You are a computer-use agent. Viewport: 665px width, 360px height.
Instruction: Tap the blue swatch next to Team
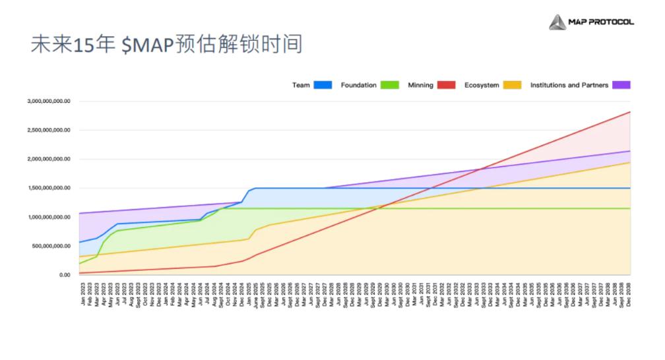[x=323, y=85]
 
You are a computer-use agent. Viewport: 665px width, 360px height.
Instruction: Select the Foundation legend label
[x=358, y=85]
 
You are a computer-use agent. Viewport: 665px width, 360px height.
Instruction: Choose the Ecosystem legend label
[x=482, y=85]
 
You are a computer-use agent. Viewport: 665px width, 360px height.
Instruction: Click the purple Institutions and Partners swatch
[x=621, y=85]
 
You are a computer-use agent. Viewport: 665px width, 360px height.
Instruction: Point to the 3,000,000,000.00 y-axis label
[x=48, y=102]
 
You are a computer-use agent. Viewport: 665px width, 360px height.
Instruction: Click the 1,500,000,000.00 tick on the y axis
[x=48, y=188]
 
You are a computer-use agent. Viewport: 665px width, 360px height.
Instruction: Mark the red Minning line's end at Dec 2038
[x=630, y=112]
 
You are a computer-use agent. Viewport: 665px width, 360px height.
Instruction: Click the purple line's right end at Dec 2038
[x=630, y=151]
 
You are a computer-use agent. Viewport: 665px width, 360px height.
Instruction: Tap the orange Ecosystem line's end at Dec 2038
[x=630, y=163]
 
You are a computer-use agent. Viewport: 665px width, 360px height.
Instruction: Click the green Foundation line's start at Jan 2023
[x=80, y=264]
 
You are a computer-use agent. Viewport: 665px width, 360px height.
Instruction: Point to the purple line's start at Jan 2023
[x=80, y=213]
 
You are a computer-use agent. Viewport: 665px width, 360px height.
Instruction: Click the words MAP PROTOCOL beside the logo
[x=601, y=22]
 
